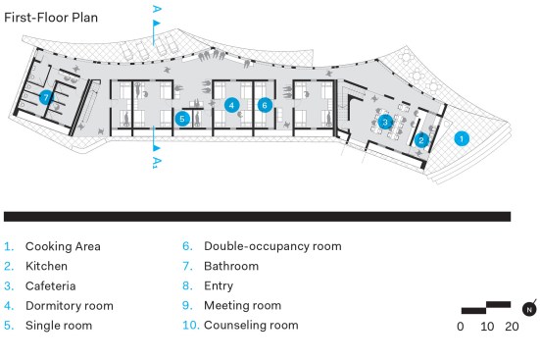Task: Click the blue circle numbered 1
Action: tap(462, 138)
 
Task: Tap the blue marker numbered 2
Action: tap(421, 140)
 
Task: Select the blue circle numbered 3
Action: tap(385, 122)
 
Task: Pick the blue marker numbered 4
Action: tap(231, 105)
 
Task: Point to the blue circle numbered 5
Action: tap(182, 119)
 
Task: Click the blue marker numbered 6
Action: tap(265, 105)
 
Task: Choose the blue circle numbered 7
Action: tap(46, 97)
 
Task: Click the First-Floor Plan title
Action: tap(51, 18)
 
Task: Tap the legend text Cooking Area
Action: tap(63, 246)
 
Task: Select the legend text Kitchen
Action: tap(46, 266)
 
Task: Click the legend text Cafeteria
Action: tap(51, 285)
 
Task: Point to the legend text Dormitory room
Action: tap(70, 305)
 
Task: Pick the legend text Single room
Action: tap(59, 325)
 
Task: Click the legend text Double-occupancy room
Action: tap(272, 246)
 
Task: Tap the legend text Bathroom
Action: tap(231, 266)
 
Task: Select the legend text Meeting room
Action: tap(242, 305)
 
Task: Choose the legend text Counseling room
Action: tap(251, 325)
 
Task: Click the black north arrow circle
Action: tap(529, 309)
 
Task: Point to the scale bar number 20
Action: tap(513, 327)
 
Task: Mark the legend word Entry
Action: tap(219, 285)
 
